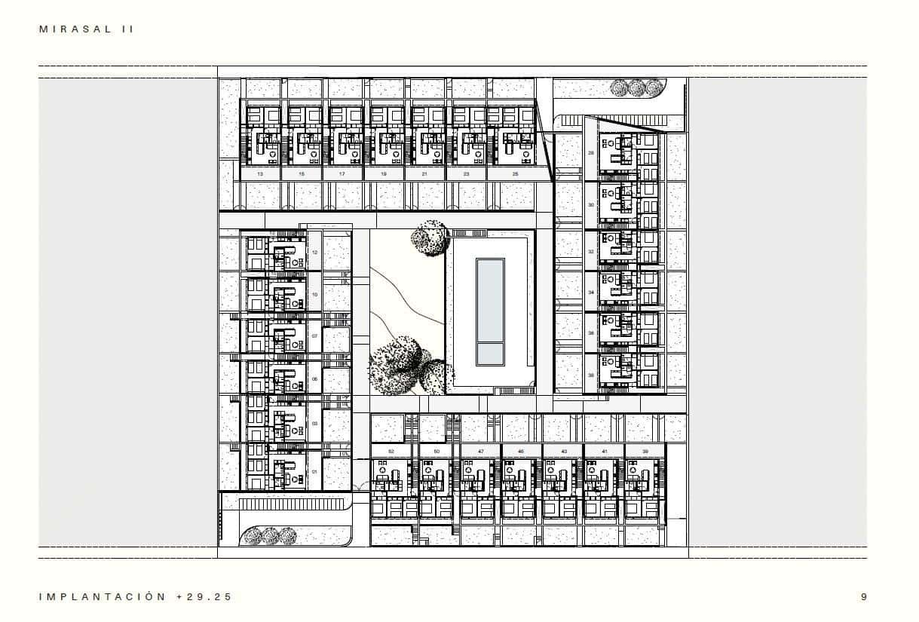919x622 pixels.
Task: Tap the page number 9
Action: click(864, 596)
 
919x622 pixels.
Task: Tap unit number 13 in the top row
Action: click(260, 174)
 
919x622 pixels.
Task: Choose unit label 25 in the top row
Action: click(515, 174)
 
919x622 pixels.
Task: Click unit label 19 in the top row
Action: click(384, 174)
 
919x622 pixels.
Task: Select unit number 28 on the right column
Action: click(591, 153)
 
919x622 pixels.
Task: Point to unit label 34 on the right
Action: click(591, 292)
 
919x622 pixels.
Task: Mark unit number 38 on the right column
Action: click(591, 374)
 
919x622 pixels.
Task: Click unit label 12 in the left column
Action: click(314, 253)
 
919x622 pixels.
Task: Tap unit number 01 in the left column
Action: click(314, 472)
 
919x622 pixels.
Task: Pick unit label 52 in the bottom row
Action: click(391, 451)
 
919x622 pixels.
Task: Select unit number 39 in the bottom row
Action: click(645, 451)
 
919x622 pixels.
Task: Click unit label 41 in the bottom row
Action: click(604, 451)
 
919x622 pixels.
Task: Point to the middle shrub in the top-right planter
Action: click(637, 87)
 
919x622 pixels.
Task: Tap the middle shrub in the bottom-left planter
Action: click(269, 536)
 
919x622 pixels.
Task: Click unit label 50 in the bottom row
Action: click(437, 451)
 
